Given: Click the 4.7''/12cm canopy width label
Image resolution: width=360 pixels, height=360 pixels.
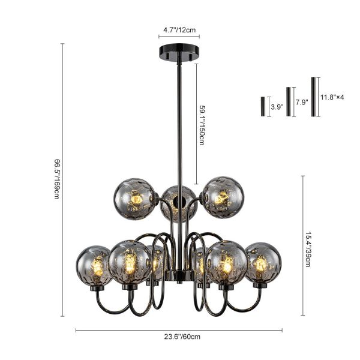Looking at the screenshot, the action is pyautogui.click(x=179, y=30).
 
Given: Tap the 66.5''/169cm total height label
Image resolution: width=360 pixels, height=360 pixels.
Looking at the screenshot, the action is pyautogui.click(x=57, y=179).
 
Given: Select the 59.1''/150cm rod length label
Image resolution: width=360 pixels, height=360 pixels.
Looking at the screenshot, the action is pyautogui.click(x=202, y=125).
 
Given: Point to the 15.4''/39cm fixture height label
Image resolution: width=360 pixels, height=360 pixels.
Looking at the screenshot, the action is pyautogui.click(x=308, y=249).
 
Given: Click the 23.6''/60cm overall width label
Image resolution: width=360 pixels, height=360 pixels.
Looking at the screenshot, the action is pyautogui.click(x=182, y=337).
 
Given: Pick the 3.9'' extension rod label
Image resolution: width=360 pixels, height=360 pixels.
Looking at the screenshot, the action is pyautogui.click(x=277, y=107).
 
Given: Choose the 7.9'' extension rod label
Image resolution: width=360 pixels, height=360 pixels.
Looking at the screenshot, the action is pyautogui.click(x=302, y=102).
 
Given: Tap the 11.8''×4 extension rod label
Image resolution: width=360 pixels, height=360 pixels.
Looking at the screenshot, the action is pyautogui.click(x=332, y=97).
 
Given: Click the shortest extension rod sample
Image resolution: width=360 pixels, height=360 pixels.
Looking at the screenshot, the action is pyautogui.click(x=263, y=107).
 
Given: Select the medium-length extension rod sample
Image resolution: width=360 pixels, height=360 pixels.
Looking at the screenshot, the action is pyautogui.click(x=289, y=101).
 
